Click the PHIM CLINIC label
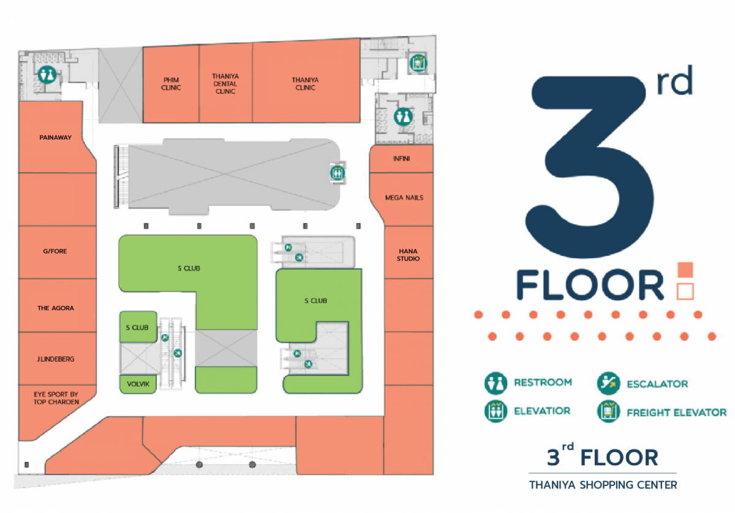point(171,84)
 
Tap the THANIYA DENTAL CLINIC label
point(225,84)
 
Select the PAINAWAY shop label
point(56,138)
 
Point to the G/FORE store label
point(55,251)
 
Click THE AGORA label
point(56,308)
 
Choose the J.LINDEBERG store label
point(56,359)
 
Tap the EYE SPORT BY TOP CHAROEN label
point(56,398)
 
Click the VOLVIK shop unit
point(138,384)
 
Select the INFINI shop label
point(402,159)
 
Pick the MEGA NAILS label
point(404,198)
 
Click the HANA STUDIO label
point(408,255)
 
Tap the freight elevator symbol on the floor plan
point(418,63)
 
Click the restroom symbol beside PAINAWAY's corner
point(47,75)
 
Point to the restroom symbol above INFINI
point(403,116)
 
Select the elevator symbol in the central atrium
point(337,173)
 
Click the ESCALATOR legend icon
point(608,383)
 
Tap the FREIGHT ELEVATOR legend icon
point(608,411)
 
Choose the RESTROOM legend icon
point(496,383)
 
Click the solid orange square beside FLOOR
point(685,270)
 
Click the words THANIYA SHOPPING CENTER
point(603,485)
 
